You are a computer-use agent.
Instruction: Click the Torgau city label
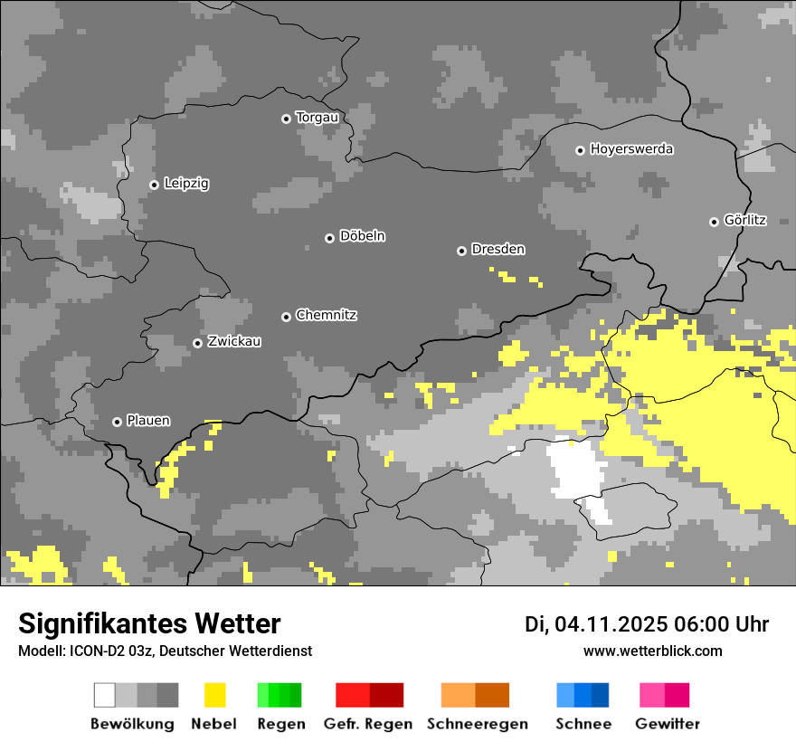click(317, 118)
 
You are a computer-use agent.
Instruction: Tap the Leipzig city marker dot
click(154, 185)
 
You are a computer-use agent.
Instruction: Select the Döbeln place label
click(362, 236)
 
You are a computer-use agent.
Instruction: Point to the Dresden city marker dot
click(461, 251)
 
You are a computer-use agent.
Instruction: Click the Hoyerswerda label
click(631, 149)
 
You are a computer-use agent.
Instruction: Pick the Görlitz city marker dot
click(714, 222)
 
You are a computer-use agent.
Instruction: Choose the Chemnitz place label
click(326, 315)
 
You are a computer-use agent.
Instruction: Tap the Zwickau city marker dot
click(197, 343)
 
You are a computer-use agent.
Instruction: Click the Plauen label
click(148, 421)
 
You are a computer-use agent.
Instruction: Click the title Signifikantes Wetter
click(149, 624)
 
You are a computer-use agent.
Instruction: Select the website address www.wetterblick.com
click(652, 651)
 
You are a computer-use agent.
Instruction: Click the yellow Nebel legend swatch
click(214, 695)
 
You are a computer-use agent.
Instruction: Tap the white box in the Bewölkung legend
click(104, 695)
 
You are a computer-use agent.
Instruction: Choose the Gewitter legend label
click(667, 724)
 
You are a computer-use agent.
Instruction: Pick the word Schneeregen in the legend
click(478, 724)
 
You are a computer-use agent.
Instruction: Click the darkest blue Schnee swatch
click(601, 695)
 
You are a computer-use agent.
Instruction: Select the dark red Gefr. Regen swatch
click(386, 695)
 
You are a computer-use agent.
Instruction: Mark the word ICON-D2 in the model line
click(92, 651)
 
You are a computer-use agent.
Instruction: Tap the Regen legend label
click(280, 724)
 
